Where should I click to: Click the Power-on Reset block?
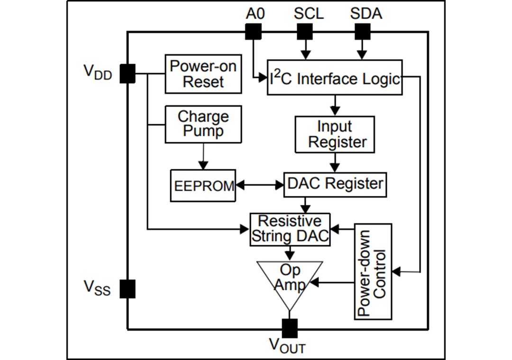click(x=203, y=74)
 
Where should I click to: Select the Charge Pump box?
click(x=203, y=124)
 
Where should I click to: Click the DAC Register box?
click(x=335, y=184)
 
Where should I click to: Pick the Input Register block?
click(x=335, y=135)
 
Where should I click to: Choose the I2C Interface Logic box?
click(x=335, y=77)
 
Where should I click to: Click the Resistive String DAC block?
click(x=290, y=229)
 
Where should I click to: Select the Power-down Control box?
click(x=373, y=271)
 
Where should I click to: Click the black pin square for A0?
click(x=254, y=32)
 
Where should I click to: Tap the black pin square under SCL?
click(x=305, y=32)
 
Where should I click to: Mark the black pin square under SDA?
click(x=363, y=32)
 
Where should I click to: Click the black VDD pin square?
click(x=127, y=74)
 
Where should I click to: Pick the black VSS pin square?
click(x=127, y=288)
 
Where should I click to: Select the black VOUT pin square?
click(x=290, y=328)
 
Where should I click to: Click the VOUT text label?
click(x=287, y=346)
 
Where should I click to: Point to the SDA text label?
click(x=366, y=13)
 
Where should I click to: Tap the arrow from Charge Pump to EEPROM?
click(x=203, y=156)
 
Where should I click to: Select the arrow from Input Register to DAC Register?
click(x=335, y=163)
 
